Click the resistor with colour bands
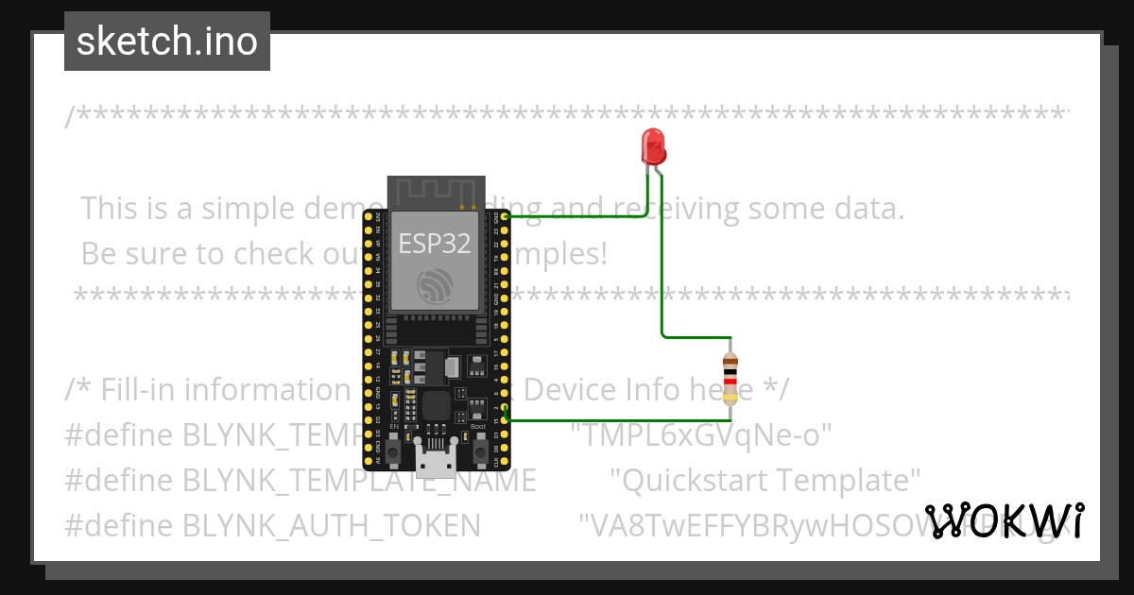pyautogui.click(x=730, y=379)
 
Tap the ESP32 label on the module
pyautogui.click(x=434, y=244)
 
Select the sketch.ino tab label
pyautogui.click(x=167, y=42)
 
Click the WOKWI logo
pyautogui.click(x=1005, y=520)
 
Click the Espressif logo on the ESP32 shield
pyautogui.click(x=437, y=284)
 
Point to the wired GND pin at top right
pyautogui.click(x=506, y=216)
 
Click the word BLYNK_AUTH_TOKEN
pyautogui.click(x=332, y=525)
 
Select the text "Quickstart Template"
pyautogui.click(x=765, y=480)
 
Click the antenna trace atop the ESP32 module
pyautogui.click(x=436, y=192)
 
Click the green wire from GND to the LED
pyautogui.click(x=576, y=216)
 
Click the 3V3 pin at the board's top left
pyautogui.click(x=369, y=216)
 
